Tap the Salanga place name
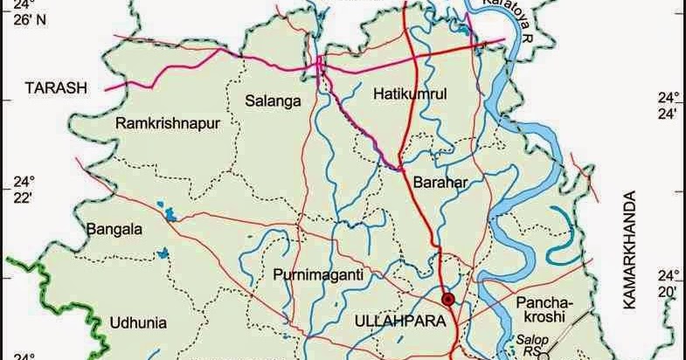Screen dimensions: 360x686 [273, 101]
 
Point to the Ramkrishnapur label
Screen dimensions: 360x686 [166, 123]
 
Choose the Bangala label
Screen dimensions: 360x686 [114, 231]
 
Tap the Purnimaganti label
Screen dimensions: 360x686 [316, 274]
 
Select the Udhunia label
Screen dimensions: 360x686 [138, 322]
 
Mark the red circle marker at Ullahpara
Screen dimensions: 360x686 [448, 300]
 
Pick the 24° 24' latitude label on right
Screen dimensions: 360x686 [669, 105]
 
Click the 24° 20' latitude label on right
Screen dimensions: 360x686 [669, 280]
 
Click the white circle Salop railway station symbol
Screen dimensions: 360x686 [542, 355]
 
